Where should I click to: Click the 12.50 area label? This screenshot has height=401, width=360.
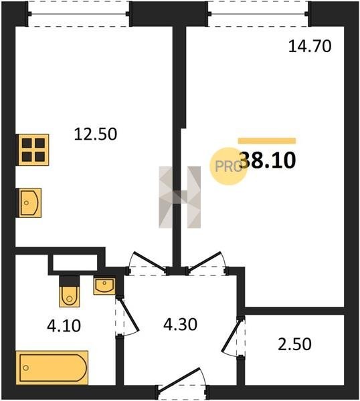coord(96,134)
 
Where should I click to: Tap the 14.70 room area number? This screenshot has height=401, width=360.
coord(310,47)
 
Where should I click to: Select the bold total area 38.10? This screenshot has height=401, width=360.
coord(268,160)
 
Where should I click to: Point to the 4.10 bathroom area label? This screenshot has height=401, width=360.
coord(64,326)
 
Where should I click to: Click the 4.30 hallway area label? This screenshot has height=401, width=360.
coord(180,324)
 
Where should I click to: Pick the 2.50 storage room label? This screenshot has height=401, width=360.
coord(294,344)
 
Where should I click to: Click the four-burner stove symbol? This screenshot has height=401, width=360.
coord(33,150)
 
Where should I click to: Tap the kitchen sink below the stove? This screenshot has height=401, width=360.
coord(29,203)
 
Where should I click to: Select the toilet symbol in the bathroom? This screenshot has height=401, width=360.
coord(70,291)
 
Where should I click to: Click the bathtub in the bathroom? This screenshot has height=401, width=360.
coord(52,368)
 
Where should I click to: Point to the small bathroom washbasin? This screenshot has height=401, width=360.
coord(104,286)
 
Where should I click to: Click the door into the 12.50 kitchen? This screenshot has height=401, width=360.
coord(147,263)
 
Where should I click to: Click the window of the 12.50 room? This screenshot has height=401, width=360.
coord(79,13)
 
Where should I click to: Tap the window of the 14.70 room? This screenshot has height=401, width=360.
coord(258,13)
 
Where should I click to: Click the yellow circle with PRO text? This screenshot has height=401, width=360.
coord(228,166)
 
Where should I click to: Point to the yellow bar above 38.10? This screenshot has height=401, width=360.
coord(267,141)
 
